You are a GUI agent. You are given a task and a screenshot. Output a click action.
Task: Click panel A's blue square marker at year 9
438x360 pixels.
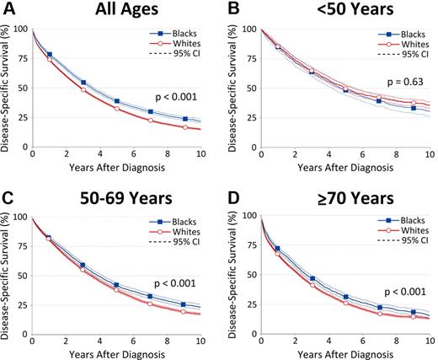coord(184,119)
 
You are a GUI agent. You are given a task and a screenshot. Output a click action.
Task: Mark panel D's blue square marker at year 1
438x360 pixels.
coord(278,250)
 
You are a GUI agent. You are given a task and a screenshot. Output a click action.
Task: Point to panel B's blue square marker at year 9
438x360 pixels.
coord(414,108)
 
